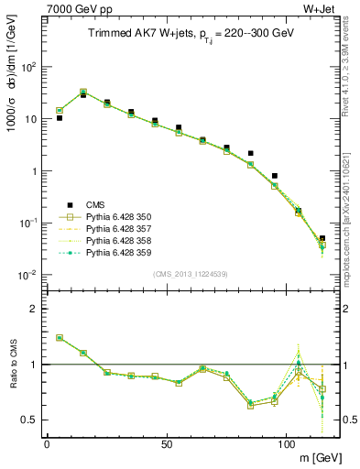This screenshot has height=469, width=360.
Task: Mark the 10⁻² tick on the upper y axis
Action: coord(29,275)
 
